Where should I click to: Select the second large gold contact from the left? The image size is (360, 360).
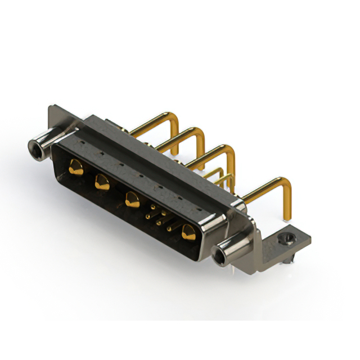[102, 181]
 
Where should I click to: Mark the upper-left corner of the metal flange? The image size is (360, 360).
[52, 107]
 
